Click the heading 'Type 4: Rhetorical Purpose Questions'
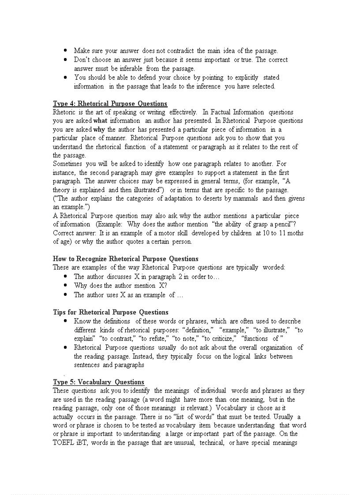[x=110, y=104]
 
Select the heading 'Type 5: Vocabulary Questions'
[x=98, y=382]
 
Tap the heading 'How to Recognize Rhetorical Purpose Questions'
[x=125, y=259]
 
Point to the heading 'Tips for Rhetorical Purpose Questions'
[x=110, y=313]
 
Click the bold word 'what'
[x=100, y=121]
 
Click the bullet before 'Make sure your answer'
[x=65, y=51]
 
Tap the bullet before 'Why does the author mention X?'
[x=65, y=286]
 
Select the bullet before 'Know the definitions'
[x=65, y=321]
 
